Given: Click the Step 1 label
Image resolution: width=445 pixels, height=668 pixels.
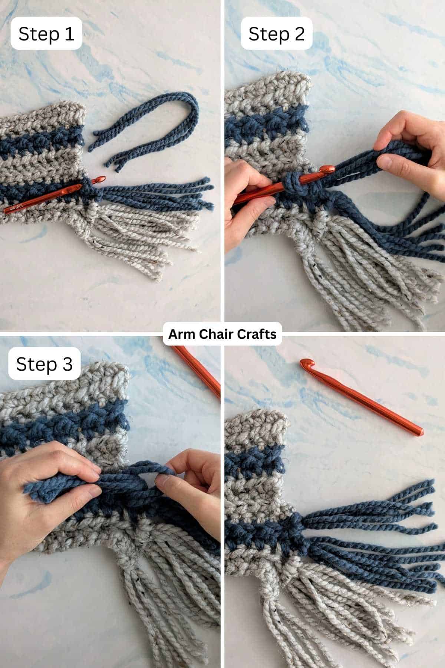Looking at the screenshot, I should pos(46,33).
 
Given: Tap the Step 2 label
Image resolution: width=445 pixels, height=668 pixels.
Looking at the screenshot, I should pos(276,33).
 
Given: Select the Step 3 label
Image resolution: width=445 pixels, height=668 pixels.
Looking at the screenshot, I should pos(44,364).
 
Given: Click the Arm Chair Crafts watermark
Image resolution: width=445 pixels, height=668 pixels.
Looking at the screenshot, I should pos(222,334).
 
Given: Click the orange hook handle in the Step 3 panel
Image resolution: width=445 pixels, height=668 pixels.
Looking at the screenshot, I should pos(197,371).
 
